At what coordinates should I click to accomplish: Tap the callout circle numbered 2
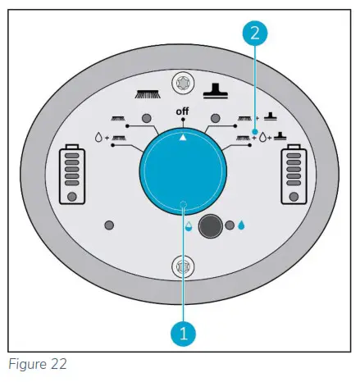256,34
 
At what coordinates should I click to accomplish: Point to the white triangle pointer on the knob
182,137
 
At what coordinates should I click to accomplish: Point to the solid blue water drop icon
242,225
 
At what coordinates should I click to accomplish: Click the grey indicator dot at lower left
108,225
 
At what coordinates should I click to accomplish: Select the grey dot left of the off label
146,118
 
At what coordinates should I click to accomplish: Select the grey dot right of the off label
217,118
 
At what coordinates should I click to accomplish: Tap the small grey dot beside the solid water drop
230,225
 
